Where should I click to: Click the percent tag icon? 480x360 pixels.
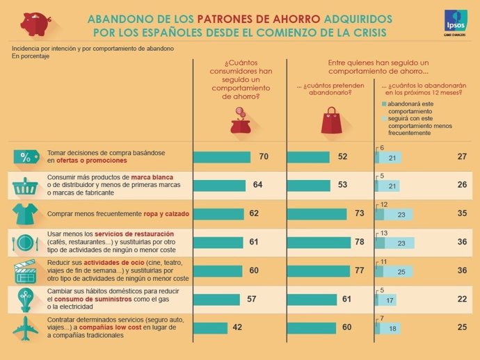coord(25,157)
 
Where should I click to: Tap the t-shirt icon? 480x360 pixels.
coord(25,213)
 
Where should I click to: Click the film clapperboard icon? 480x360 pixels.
coord(25,270)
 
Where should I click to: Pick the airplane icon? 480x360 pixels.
coord(25,327)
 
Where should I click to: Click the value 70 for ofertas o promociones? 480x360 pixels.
coord(264,157)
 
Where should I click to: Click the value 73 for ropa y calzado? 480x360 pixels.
coord(360,213)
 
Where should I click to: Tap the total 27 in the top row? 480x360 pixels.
coord(461,157)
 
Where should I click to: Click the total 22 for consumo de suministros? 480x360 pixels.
coord(461,299)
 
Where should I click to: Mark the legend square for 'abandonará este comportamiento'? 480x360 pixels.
coord(384,104)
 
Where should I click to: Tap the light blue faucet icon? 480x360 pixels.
coord(25,299)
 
